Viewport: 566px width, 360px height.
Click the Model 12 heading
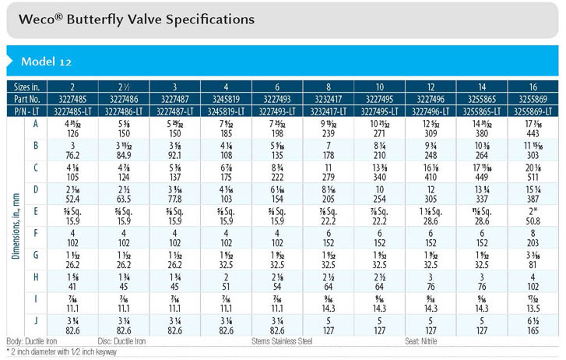[x=47, y=62]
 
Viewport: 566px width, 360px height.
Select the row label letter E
[x=35, y=210]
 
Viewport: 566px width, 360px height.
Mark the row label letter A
[x=35, y=122]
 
